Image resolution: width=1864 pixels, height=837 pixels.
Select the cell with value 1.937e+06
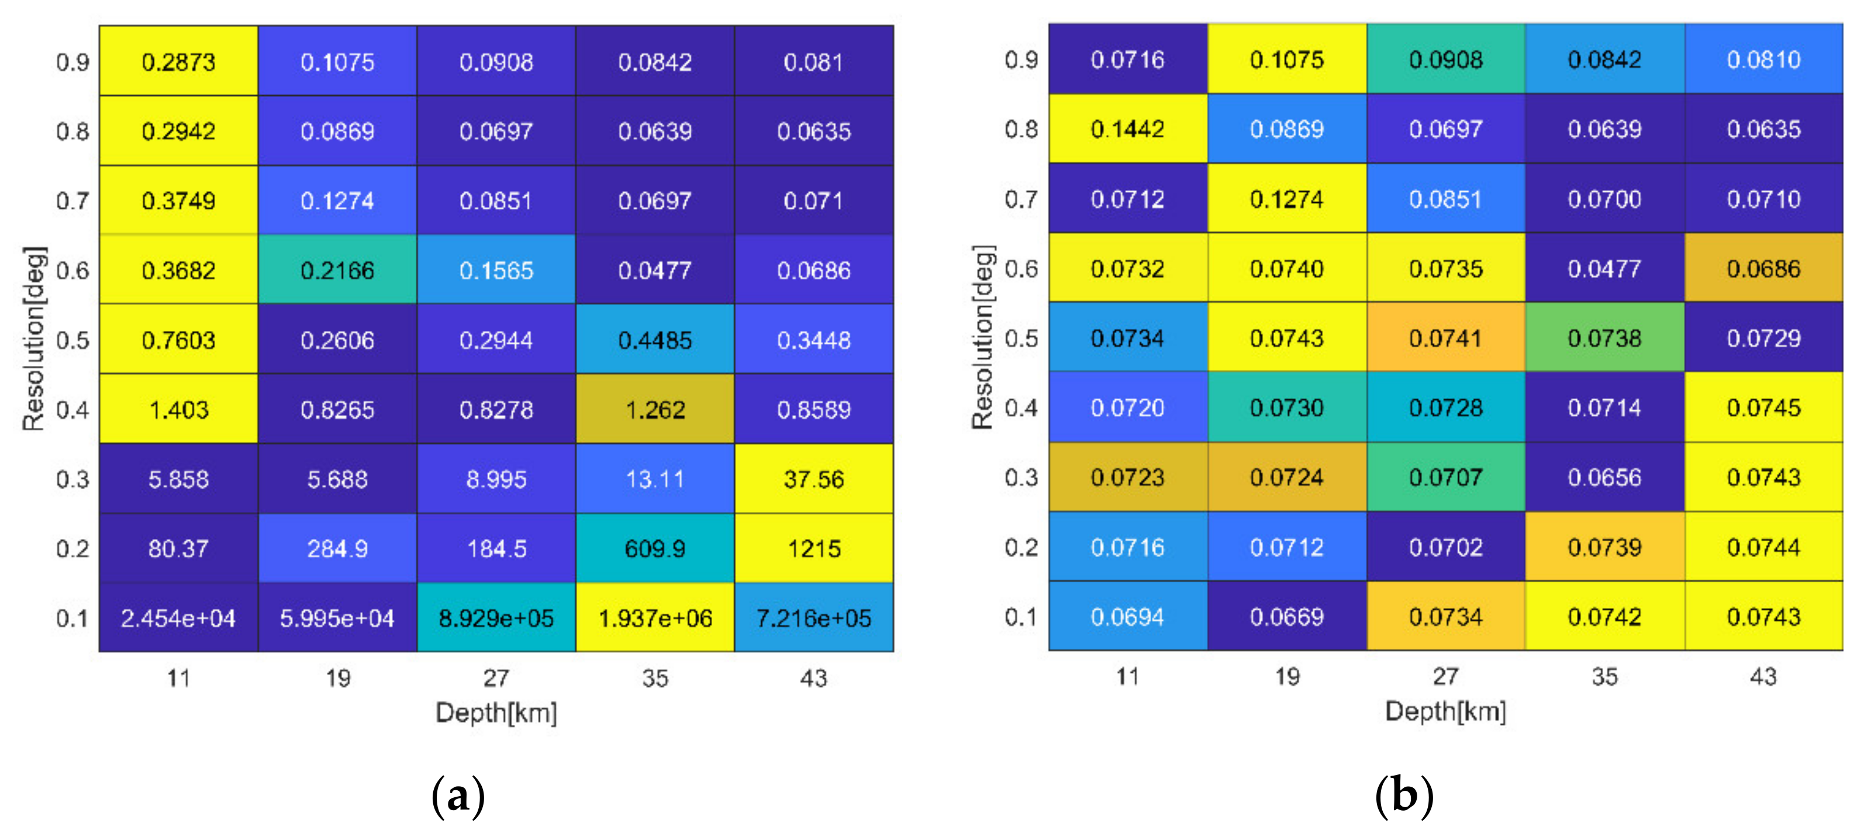pos(655,618)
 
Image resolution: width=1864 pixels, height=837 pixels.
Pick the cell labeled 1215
pos(813,548)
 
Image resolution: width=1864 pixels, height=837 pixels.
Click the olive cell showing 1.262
pos(655,410)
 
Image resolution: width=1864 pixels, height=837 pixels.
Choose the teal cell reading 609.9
pos(655,548)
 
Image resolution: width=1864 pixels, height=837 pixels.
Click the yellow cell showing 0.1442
pos(1127,129)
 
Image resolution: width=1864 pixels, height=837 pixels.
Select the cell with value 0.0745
pos(1763,408)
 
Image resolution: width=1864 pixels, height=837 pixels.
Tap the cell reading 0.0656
pos(1604,478)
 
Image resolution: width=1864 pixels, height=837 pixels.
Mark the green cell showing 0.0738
pos(1604,338)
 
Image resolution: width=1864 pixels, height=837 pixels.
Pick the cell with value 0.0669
pos(1286,617)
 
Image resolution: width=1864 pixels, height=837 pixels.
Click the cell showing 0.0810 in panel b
pos(1763,59)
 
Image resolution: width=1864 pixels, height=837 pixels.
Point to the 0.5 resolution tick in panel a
pos(73,340)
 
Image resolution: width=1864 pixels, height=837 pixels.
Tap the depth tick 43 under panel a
pos(813,678)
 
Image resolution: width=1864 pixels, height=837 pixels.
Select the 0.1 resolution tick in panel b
pos(1021,617)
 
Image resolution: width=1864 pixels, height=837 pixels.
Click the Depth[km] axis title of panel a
pos(496,713)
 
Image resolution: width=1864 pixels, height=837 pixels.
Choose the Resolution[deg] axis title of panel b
pos(983,337)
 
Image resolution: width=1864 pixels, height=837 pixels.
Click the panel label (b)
pos(1404,796)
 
